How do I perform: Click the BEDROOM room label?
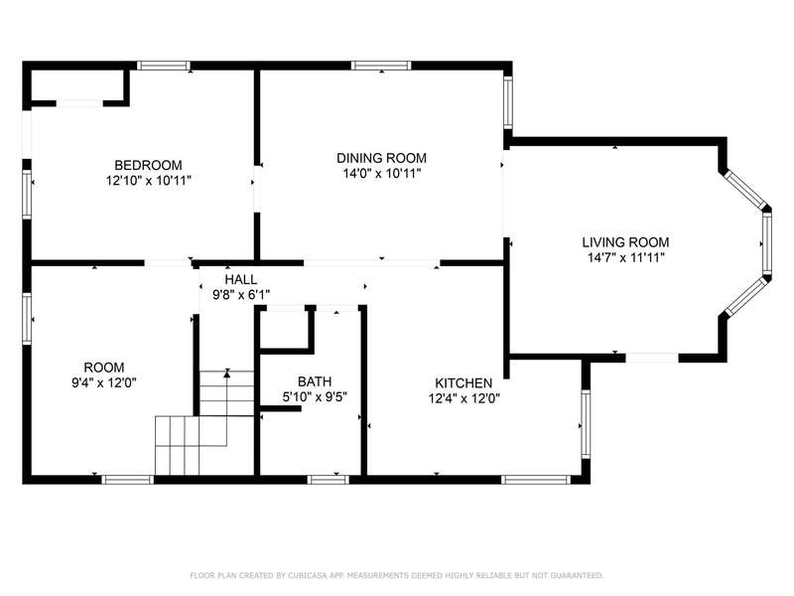pyautogui.click(x=148, y=165)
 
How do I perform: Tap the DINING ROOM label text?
pyautogui.click(x=381, y=158)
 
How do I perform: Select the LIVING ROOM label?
pyautogui.click(x=625, y=242)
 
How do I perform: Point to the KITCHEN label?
pyautogui.click(x=463, y=383)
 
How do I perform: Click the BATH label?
pyautogui.click(x=315, y=381)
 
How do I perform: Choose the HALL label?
pyautogui.click(x=240, y=279)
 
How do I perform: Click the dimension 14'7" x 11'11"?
pyautogui.click(x=626, y=258)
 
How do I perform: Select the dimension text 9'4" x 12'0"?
pyautogui.click(x=104, y=382)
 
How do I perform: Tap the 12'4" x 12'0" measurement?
pyautogui.click(x=463, y=399)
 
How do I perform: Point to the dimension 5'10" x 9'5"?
pyautogui.click(x=315, y=397)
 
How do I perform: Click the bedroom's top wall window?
pyautogui.click(x=164, y=66)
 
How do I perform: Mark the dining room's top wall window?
pyautogui.click(x=381, y=66)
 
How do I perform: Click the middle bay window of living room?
pyautogui.click(x=766, y=243)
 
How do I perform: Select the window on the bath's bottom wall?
pyautogui.click(x=329, y=480)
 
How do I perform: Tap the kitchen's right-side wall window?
pyautogui.click(x=586, y=424)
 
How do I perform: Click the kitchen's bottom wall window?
pyautogui.click(x=536, y=480)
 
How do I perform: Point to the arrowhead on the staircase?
pyautogui.click(x=227, y=373)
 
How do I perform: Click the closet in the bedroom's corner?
pyautogui.click(x=78, y=86)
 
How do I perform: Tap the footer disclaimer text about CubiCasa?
pyautogui.click(x=396, y=575)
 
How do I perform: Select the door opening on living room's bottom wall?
pyautogui.click(x=652, y=358)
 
